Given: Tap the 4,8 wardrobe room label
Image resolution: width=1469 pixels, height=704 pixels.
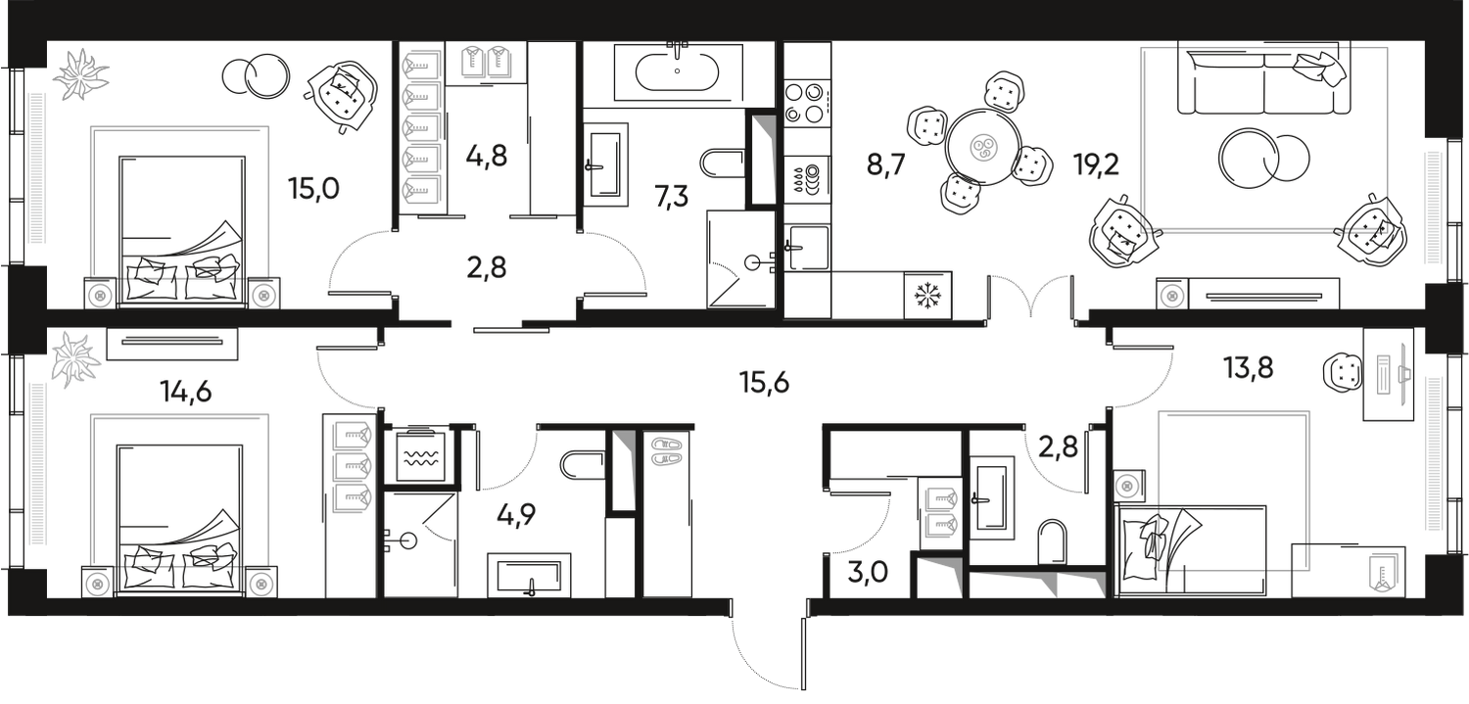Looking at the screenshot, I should pos(488,157).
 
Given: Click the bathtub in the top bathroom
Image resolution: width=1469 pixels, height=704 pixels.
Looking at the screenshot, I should pos(677,70).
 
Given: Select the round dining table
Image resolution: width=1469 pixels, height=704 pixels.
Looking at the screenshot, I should pos(981,148).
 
